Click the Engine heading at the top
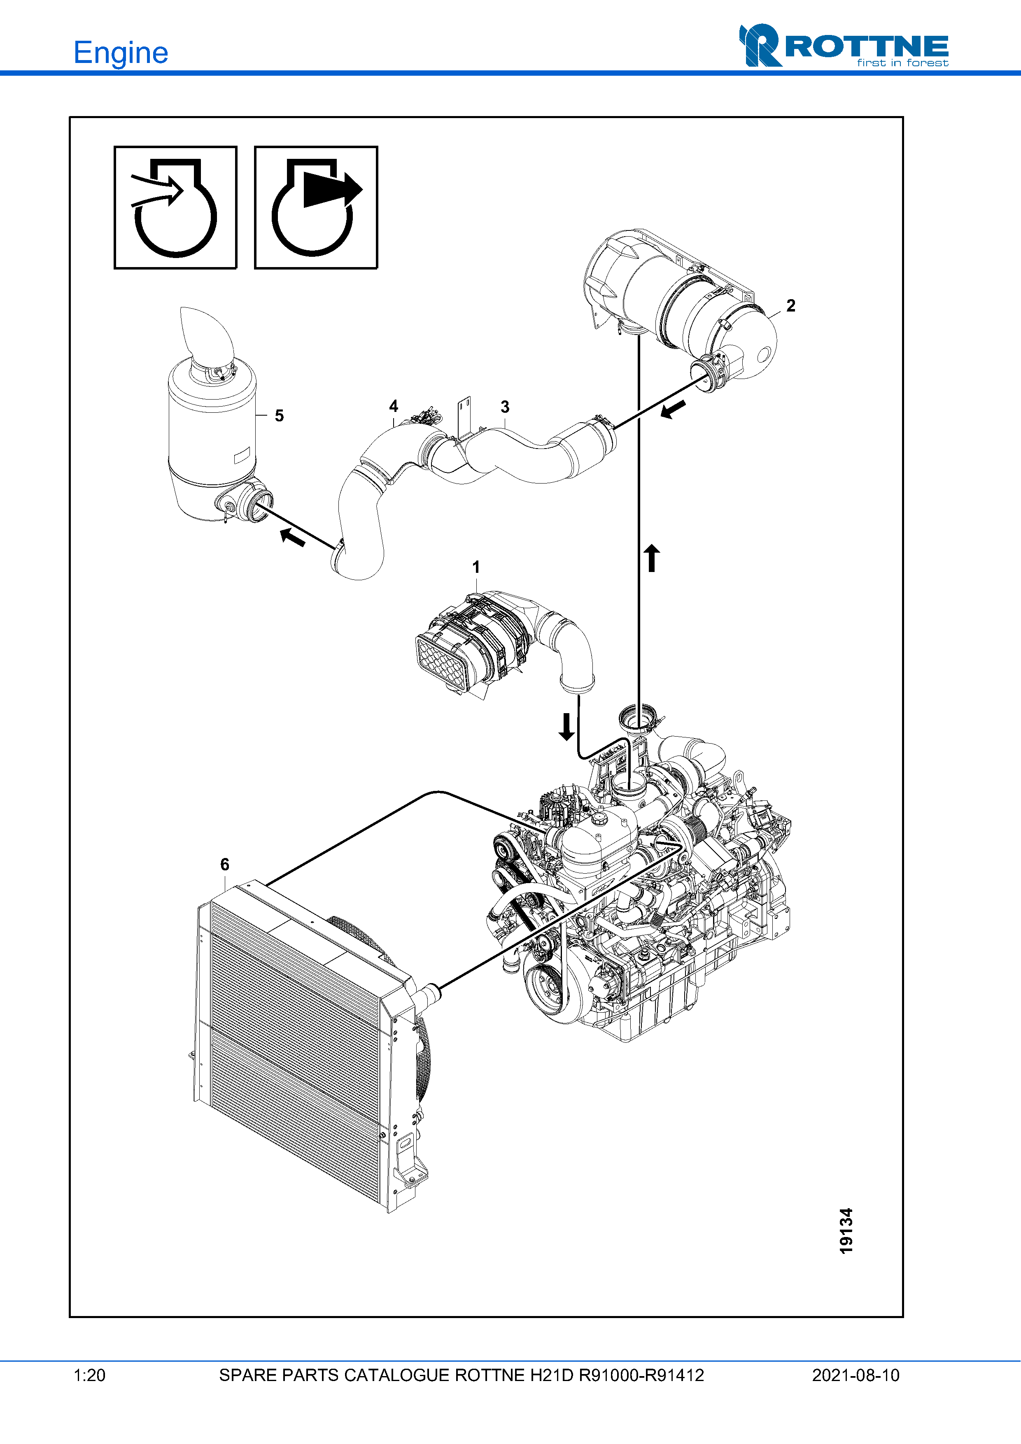121,53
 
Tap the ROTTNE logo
843,46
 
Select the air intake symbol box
175,207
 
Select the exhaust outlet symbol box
316,207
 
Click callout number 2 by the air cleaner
791,306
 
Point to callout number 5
279,416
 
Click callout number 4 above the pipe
394,406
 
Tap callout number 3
504,407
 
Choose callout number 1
476,567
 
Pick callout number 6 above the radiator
225,865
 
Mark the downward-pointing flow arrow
567,726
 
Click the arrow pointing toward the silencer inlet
293,537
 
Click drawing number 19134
846,1231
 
